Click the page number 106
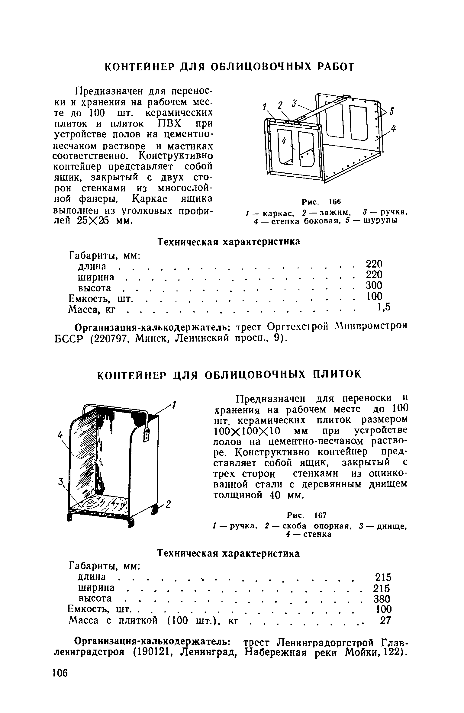click(60, 673)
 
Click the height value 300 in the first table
click(374, 285)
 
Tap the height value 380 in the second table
click(382, 599)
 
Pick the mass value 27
click(385, 621)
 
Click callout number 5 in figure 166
click(391, 112)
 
